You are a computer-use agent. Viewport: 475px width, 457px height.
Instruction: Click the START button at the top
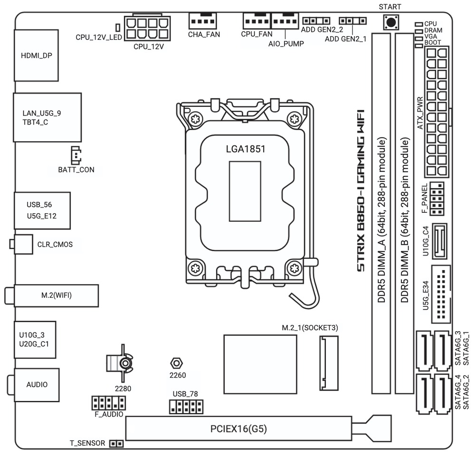[x=391, y=22]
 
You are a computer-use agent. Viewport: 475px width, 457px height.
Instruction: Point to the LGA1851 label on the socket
[x=245, y=149]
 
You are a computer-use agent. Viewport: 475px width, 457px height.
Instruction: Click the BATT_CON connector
[x=75, y=155]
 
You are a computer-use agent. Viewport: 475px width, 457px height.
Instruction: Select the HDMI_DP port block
[x=37, y=55]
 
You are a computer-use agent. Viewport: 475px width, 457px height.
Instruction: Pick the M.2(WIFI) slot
[x=57, y=295]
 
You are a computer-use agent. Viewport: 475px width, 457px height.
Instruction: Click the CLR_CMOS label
[x=55, y=245]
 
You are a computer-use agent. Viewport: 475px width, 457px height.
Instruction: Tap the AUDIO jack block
[x=37, y=384]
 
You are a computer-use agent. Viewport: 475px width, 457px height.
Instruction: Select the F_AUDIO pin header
[x=108, y=403]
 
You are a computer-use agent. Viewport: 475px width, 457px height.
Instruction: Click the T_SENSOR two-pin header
[x=116, y=444]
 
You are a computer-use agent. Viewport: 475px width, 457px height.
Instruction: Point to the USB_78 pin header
[x=186, y=406]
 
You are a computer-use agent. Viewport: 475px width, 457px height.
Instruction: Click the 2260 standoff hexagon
[x=176, y=363]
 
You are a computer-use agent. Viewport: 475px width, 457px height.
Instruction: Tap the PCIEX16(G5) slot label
[x=238, y=429]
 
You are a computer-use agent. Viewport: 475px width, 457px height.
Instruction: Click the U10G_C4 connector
[x=440, y=242]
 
